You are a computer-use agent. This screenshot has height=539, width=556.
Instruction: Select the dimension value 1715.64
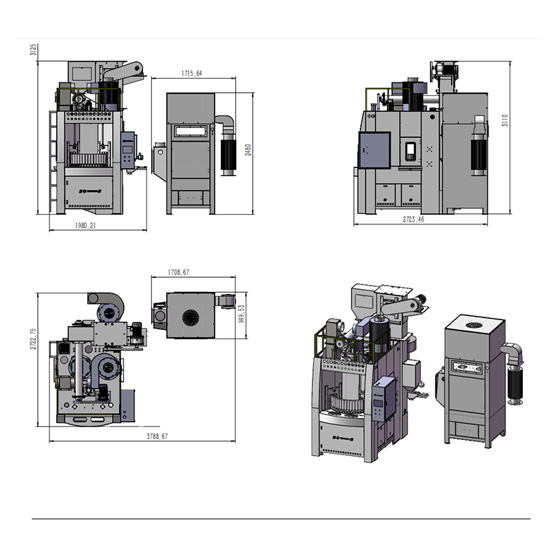[x=187, y=73]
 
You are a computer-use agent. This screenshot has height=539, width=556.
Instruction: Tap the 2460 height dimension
[x=248, y=151]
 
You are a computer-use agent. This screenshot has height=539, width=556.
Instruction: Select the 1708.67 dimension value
[x=179, y=272]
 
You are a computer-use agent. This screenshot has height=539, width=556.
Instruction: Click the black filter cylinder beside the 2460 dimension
[x=228, y=153]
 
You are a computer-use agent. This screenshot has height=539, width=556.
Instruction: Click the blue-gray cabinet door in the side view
[x=374, y=149]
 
